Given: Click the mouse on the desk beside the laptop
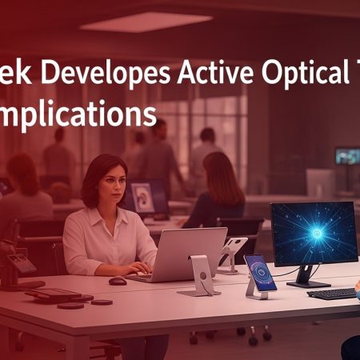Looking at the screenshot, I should click(118, 281).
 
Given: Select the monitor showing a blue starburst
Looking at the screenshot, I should click(313, 233).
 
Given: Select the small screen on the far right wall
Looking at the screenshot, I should click(347, 155).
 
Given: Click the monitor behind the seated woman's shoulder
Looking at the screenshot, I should click(150, 198).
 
